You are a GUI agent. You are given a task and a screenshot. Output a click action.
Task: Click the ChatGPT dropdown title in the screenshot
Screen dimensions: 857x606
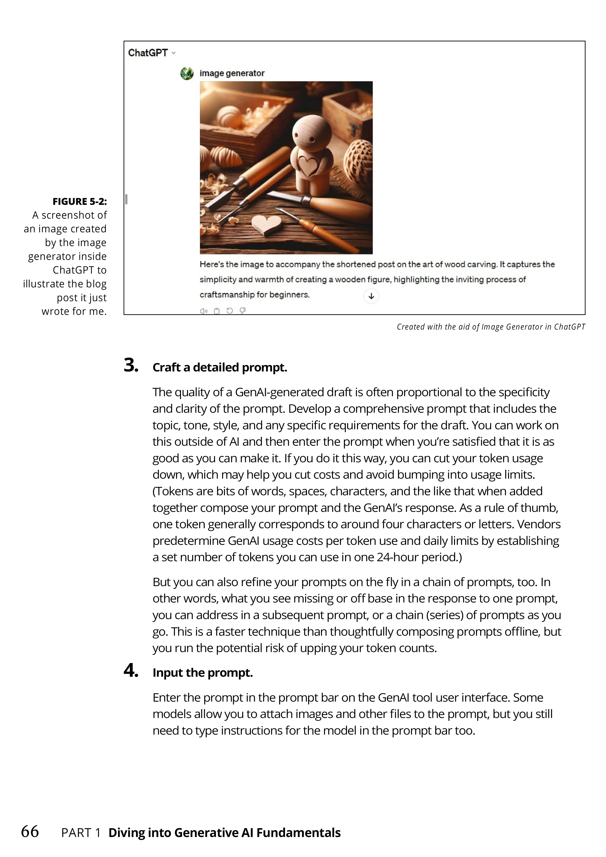(151, 53)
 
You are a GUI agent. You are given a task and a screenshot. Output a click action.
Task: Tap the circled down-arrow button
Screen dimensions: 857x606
(371, 296)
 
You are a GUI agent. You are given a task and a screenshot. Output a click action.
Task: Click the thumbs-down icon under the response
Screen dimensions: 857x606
(242, 311)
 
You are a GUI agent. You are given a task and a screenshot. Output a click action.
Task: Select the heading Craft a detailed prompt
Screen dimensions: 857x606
(220, 367)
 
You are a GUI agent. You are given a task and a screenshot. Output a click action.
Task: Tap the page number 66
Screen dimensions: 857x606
(30, 832)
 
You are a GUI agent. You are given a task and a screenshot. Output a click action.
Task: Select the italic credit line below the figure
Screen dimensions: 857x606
(491, 327)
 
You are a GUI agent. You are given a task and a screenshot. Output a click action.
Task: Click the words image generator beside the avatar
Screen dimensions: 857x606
(232, 73)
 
